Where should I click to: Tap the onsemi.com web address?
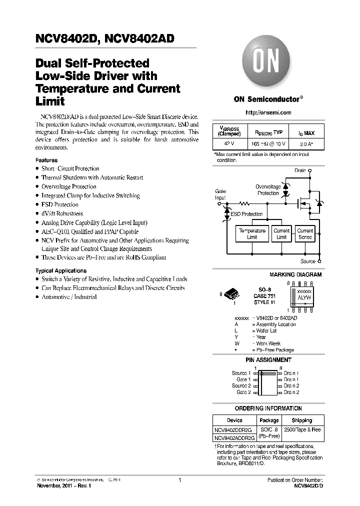[x=268, y=113]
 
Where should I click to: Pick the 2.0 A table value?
[x=306, y=144]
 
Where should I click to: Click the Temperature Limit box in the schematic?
[x=252, y=234]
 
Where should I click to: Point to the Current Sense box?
[x=305, y=234]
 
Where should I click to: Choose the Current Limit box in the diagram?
[x=281, y=234]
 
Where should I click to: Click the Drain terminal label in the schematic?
[x=299, y=170]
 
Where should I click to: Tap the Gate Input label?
[x=220, y=194]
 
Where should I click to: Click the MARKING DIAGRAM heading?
[x=295, y=274]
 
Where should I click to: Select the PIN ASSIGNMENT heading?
[x=268, y=360]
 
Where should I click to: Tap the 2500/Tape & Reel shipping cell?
[x=302, y=429]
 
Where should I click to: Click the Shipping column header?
[x=301, y=420]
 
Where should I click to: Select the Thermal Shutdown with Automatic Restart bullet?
[x=92, y=177]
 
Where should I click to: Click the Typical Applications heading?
[x=58, y=270]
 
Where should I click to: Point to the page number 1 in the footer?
[x=179, y=480]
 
